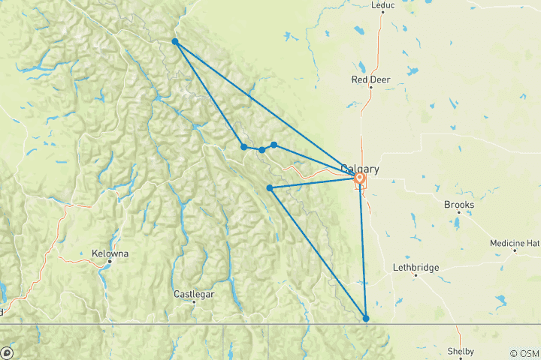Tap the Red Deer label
[370, 79]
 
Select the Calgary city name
[360, 169]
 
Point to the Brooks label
[458, 203]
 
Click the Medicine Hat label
[515, 243]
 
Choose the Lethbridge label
[415, 267]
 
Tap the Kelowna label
[110, 253]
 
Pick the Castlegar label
[194, 294]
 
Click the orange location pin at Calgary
[360, 178]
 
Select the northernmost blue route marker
[174, 42]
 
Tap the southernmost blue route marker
[366, 319]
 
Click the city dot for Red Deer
[370, 87]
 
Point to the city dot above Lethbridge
[415, 275]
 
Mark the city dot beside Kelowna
[110, 261]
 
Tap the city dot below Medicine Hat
[515, 250]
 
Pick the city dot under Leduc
[382, 12]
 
